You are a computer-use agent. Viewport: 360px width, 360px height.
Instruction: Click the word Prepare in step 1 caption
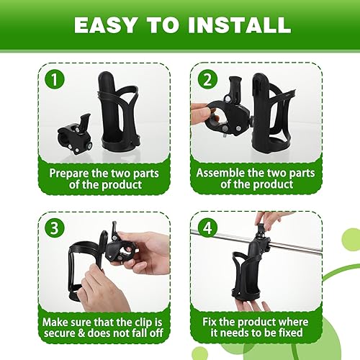coord(68,173)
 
